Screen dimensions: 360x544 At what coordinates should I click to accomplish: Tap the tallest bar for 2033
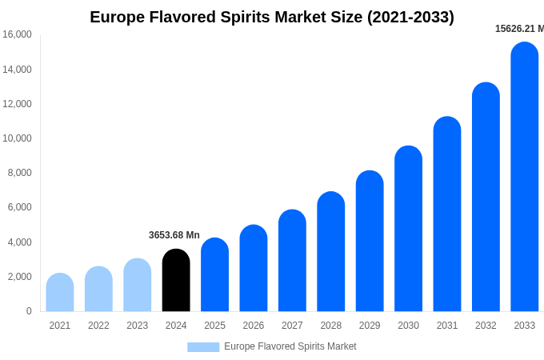pyautogui.click(x=525, y=178)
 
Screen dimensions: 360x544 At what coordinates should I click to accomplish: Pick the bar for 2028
pyautogui.click(x=331, y=252)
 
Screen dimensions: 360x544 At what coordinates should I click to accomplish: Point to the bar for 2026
pyautogui.click(x=254, y=269)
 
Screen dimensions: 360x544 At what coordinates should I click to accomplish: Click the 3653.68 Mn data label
pyautogui.click(x=174, y=235)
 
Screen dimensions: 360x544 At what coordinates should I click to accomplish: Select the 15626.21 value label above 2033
pyautogui.click(x=519, y=29)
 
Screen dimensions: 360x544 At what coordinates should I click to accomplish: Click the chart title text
pyautogui.click(x=272, y=17)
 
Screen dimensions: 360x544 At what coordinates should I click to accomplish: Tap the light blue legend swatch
pyautogui.click(x=203, y=346)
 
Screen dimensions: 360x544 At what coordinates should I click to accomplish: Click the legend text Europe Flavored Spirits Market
pyautogui.click(x=290, y=346)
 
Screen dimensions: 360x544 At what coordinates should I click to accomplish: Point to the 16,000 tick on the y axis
pyautogui.click(x=17, y=34)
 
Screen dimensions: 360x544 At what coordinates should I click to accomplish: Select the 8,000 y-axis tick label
pyautogui.click(x=19, y=173)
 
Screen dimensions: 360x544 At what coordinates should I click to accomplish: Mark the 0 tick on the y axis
pyautogui.click(x=29, y=311)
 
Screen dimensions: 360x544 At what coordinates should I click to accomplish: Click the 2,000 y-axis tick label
pyautogui.click(x=19, y=277)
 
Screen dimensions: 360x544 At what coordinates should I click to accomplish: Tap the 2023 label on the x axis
pyautogui.click(x=138, y=326)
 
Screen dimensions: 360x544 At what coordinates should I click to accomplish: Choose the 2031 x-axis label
pyautogui.click(x=447, y=326)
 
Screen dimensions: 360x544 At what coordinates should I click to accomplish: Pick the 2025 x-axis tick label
pyautogui.click(x=214, y=326)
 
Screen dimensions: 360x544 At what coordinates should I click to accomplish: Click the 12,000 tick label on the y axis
pyautogui.click(x=17, y=104)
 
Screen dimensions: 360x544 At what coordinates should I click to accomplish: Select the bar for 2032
pyautogui.click(x=486, y=198)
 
